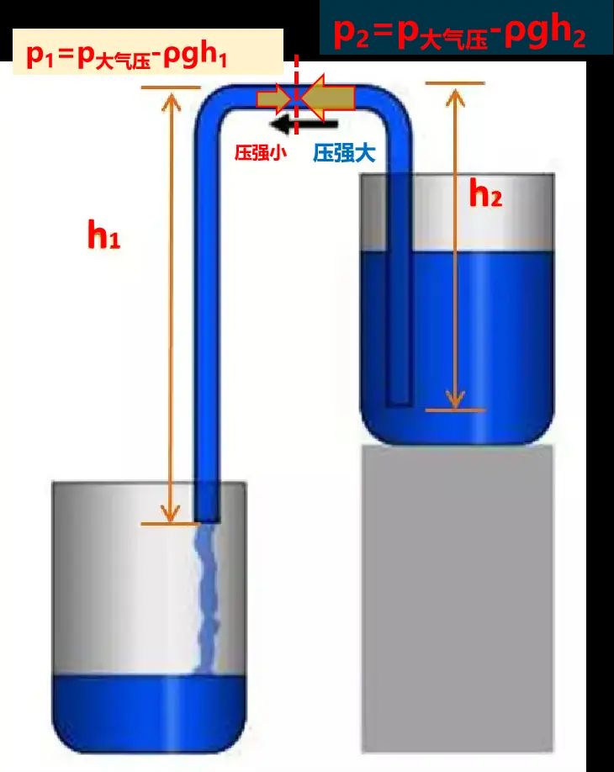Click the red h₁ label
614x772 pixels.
(x=104, y=235)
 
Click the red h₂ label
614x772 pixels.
(x=485, y=193)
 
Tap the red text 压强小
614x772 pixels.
(x=260, y=152)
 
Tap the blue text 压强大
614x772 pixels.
(x=344, y=153)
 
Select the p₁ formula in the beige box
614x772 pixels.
(x=126, y=56)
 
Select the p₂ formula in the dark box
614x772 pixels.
(x=459, y=34)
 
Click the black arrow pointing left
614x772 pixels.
(x=304, y=124)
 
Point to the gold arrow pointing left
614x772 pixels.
(x=328, y=98)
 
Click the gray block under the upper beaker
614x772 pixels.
(x=458, y=598)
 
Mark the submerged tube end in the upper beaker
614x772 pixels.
(x=399, y=404)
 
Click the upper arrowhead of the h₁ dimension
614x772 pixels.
(x=171, y=98)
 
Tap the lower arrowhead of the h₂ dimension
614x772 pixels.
(x=455, y=399)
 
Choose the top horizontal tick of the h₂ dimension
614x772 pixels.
(x=455, y=83)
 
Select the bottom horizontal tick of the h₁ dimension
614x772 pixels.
(x=169, y=523)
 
